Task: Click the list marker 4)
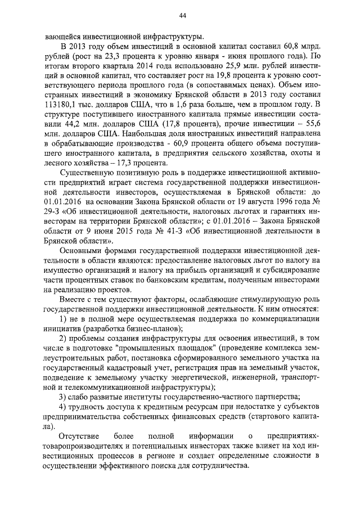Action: [65, 406]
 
